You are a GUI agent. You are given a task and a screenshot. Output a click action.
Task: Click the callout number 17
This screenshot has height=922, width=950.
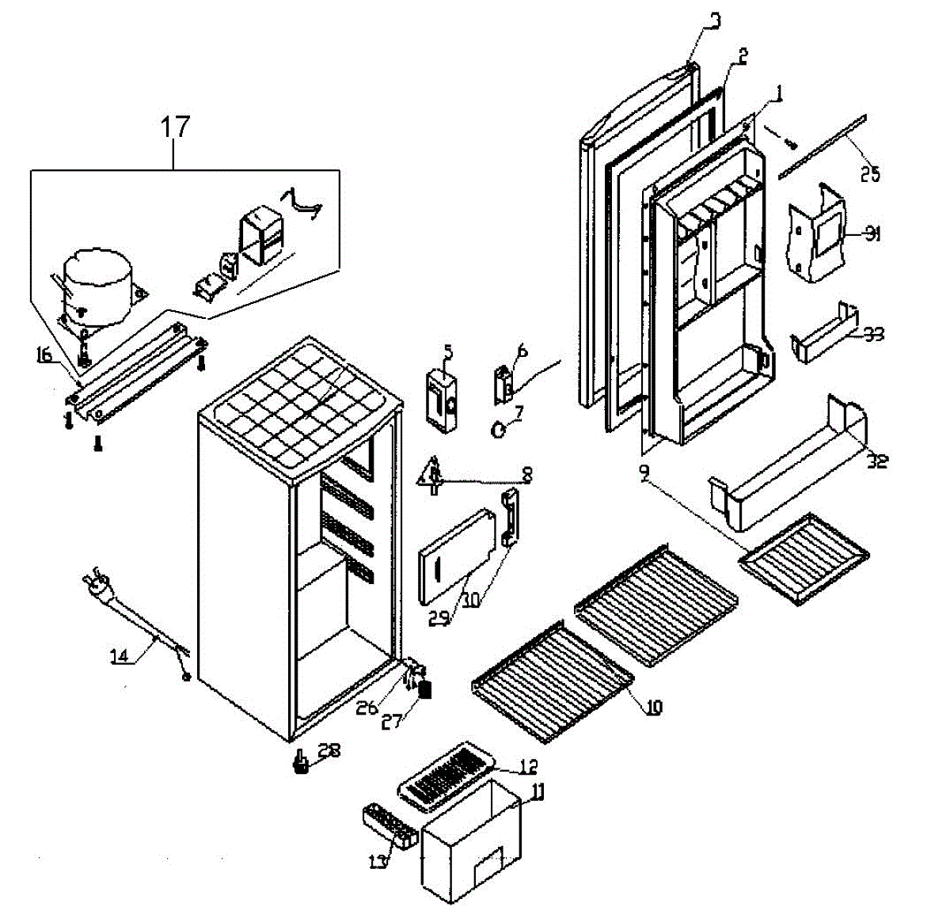tap(176, 126)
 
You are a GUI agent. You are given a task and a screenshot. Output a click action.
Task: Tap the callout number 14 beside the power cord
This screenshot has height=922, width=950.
tap(120, 655)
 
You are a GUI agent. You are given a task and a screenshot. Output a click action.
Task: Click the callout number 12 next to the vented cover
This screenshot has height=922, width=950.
tap(529, 766)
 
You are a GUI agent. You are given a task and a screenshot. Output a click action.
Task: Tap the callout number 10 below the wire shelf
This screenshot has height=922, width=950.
tap(653, 708)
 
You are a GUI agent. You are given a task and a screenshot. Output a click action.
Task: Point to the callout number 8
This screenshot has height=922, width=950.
tap(524, 476)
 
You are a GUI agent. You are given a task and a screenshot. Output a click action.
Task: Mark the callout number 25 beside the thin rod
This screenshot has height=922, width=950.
tap(869, 174)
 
